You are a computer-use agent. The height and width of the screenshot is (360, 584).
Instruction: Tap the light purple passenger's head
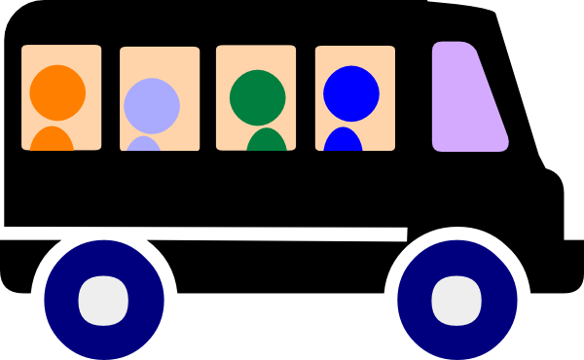(x=152, y=103)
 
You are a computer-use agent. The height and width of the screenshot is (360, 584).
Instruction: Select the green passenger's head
(x=258, y=96)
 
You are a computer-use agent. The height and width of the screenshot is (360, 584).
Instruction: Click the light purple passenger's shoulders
(x=144, y=145)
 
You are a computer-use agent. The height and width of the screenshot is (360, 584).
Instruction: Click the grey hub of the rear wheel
(x=103, y=299)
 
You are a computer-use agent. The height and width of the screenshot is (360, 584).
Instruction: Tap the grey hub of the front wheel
(x=456, y=299)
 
